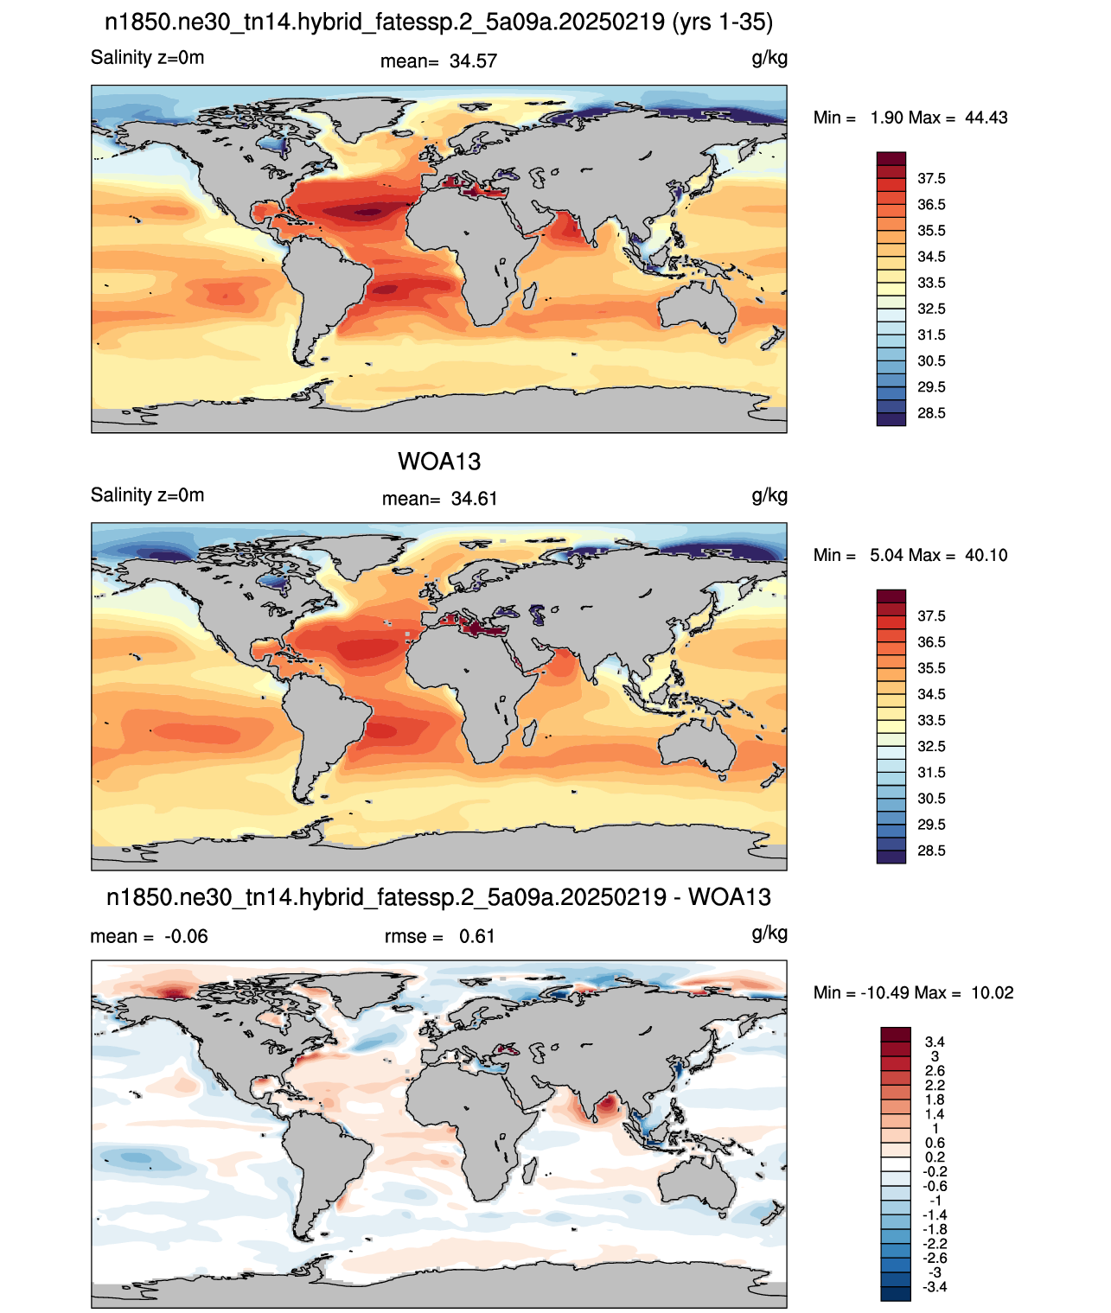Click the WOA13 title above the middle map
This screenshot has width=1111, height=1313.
[439, 462]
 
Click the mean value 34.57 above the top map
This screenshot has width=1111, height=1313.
[473, 61]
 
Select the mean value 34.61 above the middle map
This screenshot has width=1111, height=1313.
[474, 499]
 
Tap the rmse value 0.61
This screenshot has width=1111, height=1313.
[476, 936]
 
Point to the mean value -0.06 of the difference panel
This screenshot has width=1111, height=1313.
[186, 936]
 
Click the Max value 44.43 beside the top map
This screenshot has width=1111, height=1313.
[986, 118]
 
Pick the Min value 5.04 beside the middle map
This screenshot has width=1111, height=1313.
[886, 555]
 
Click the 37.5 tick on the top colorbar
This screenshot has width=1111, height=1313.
[931, 179]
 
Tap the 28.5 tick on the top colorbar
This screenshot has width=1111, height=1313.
[931, 413]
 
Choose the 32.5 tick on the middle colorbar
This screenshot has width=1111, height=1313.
[931, 746]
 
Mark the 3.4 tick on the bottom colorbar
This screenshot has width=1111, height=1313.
[935, 1041]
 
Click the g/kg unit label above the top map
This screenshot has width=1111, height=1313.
[769, 59]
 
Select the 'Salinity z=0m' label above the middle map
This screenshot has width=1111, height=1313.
[147, 494]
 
